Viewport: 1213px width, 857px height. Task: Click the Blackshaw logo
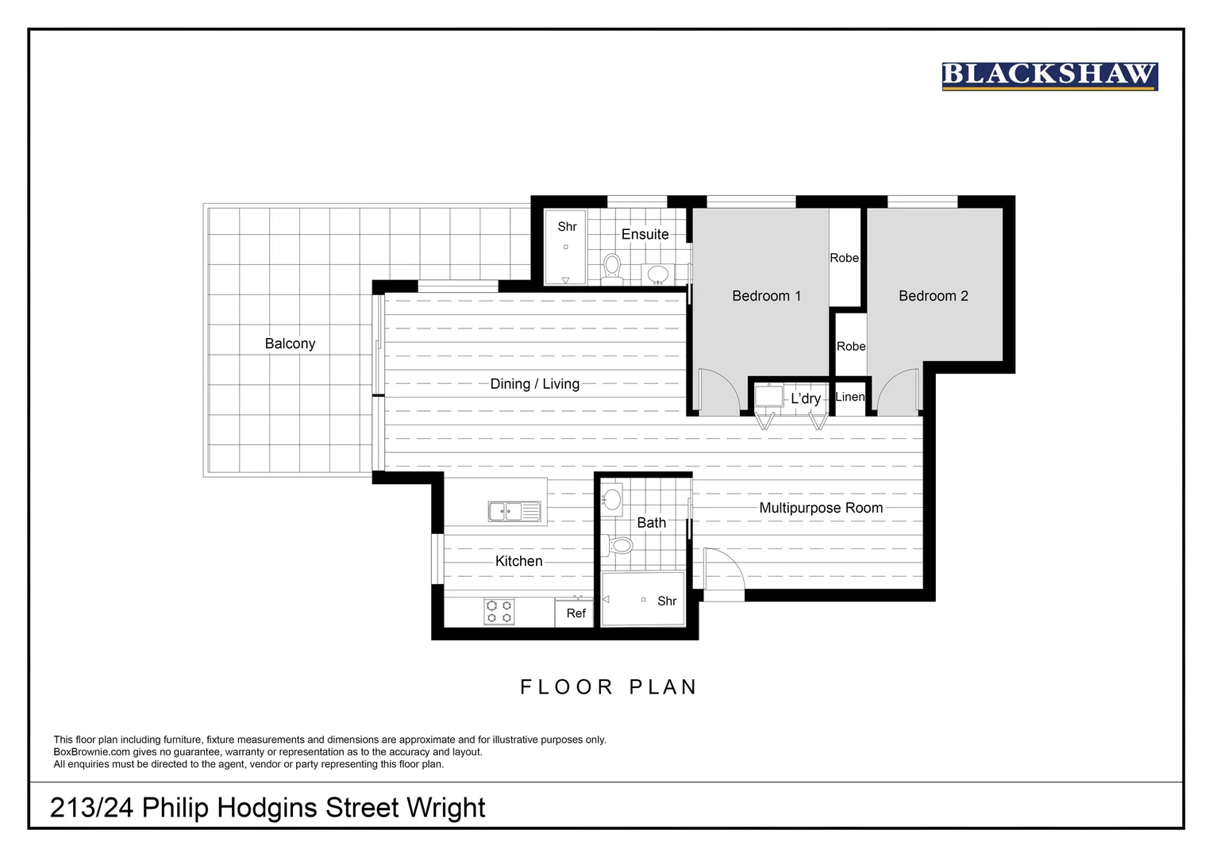(1049, 76)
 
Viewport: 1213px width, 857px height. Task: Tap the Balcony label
(290, 344)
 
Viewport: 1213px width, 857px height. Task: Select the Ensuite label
(645, 234)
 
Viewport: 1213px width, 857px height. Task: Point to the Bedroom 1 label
(766, 296)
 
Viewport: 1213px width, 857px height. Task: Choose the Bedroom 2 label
(933, 296)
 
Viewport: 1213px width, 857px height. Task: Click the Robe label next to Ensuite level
(844, 258)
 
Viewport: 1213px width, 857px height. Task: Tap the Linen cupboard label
(849, 397)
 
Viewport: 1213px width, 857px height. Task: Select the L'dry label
(805, 398)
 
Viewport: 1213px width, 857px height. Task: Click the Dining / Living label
(534, 384)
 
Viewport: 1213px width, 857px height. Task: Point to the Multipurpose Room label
(821, 508)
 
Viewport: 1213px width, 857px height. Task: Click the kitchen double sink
(514, 512)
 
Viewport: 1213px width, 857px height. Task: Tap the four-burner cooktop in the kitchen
(499, 611)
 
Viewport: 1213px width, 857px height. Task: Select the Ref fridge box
(576, 613)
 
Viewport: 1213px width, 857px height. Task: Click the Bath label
(651, 523)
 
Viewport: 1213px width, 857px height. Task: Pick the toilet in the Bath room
(619, 545)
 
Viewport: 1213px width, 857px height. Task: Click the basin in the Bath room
(611, 499)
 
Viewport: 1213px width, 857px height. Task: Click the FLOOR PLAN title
(608, 687)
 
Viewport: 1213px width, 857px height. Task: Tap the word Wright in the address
(445, 808)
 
